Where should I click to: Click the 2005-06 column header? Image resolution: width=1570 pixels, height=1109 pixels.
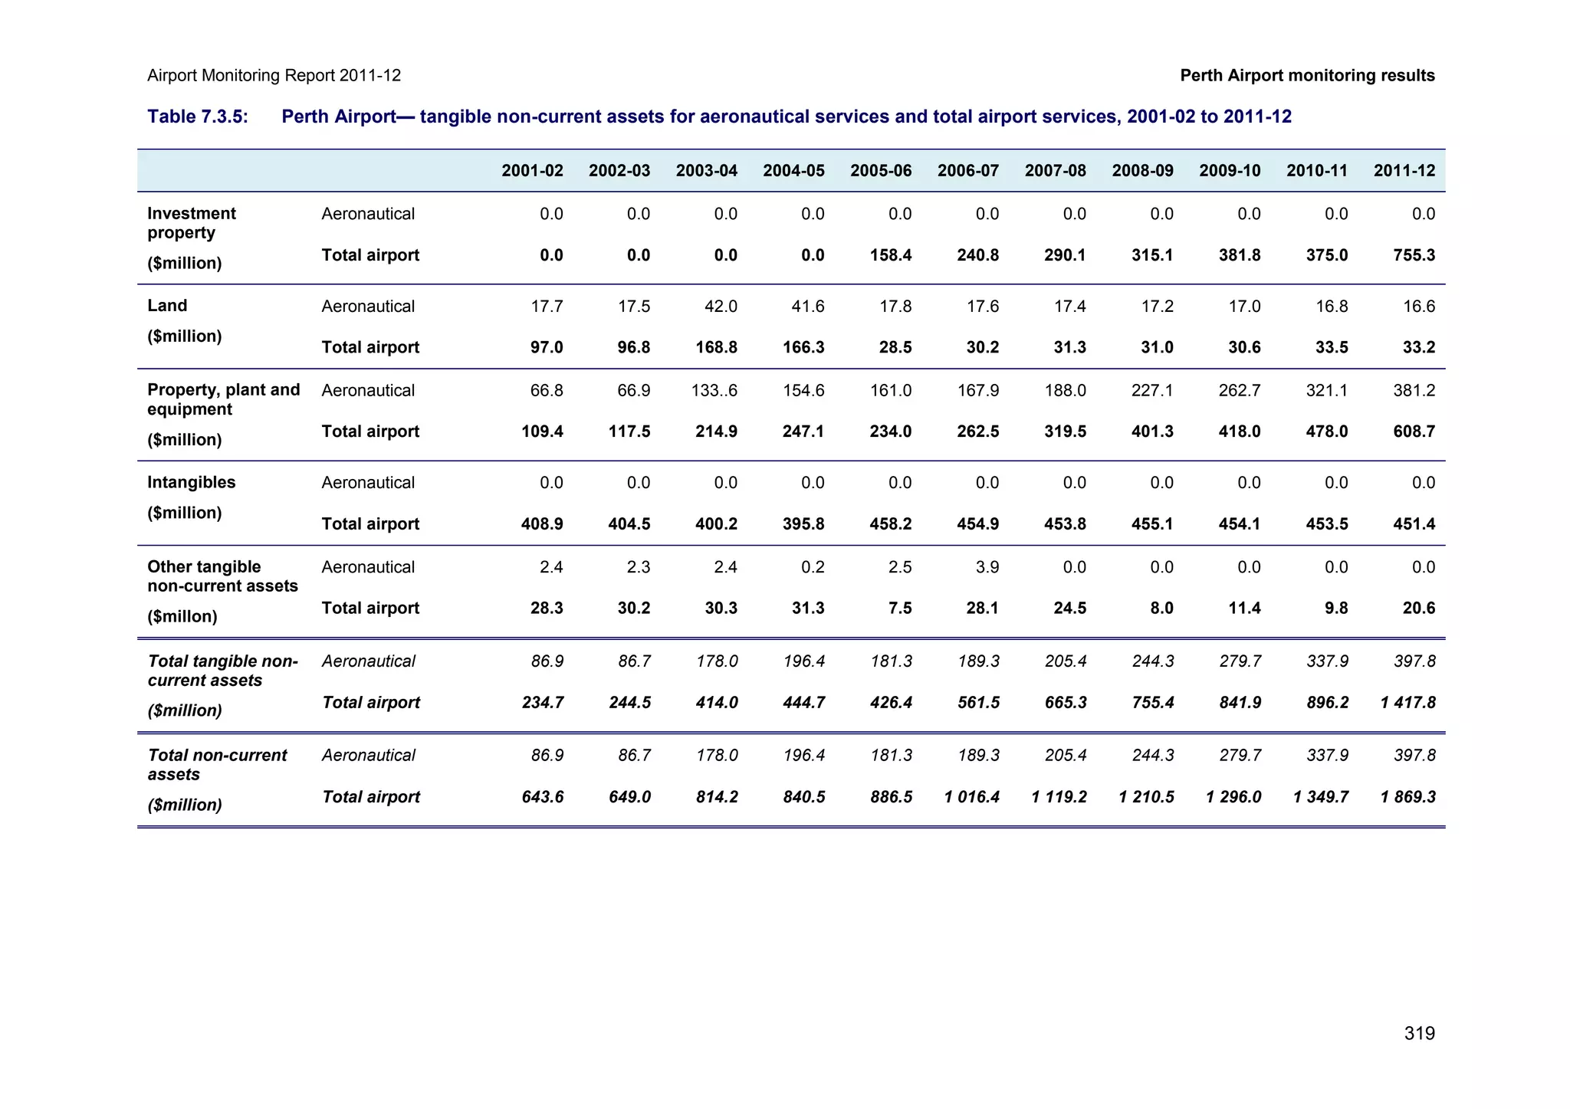880,170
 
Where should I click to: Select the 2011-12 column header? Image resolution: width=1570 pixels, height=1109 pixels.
1404,170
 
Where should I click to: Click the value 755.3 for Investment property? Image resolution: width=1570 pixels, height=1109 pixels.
1414,255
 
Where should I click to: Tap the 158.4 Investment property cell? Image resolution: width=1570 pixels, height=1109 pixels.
890,255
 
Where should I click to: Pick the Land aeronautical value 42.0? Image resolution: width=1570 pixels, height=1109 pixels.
721,307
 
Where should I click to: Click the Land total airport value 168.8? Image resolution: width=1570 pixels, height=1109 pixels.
716,347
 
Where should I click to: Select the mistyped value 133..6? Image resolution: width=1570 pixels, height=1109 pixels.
714,391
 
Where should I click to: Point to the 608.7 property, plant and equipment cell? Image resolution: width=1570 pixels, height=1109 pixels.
1414,431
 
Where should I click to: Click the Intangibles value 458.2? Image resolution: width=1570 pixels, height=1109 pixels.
890,524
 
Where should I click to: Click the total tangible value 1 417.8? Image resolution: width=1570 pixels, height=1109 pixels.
1407,703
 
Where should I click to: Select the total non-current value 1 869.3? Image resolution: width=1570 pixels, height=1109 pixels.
1407,797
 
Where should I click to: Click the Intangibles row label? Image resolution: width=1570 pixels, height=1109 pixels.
191,482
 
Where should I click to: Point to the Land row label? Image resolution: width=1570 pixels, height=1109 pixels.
167,306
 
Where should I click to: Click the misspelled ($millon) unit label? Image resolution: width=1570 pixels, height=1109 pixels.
182,616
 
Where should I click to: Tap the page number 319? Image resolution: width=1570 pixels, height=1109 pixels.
1419,1033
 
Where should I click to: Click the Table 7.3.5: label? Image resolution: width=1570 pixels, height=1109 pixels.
198,116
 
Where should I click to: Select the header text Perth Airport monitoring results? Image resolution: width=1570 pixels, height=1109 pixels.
1307,75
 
